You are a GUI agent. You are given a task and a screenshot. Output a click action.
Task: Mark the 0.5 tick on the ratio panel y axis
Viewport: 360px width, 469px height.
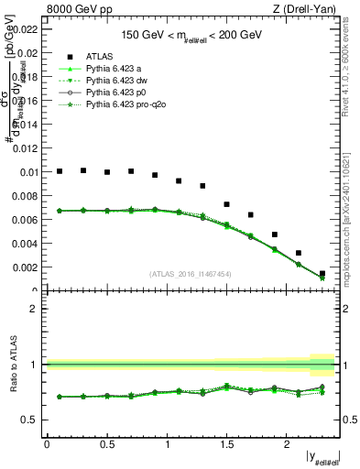coord(30,420)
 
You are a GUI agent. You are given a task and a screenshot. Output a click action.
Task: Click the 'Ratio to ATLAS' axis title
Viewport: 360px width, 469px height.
coord(11,365)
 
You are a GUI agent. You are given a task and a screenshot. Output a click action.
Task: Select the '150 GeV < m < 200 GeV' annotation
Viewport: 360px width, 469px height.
coord(191,35)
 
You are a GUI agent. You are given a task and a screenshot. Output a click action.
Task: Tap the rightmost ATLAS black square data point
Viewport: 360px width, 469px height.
coord(322,273)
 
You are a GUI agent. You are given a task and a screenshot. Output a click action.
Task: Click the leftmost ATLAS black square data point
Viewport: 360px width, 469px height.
coord(60,171)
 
